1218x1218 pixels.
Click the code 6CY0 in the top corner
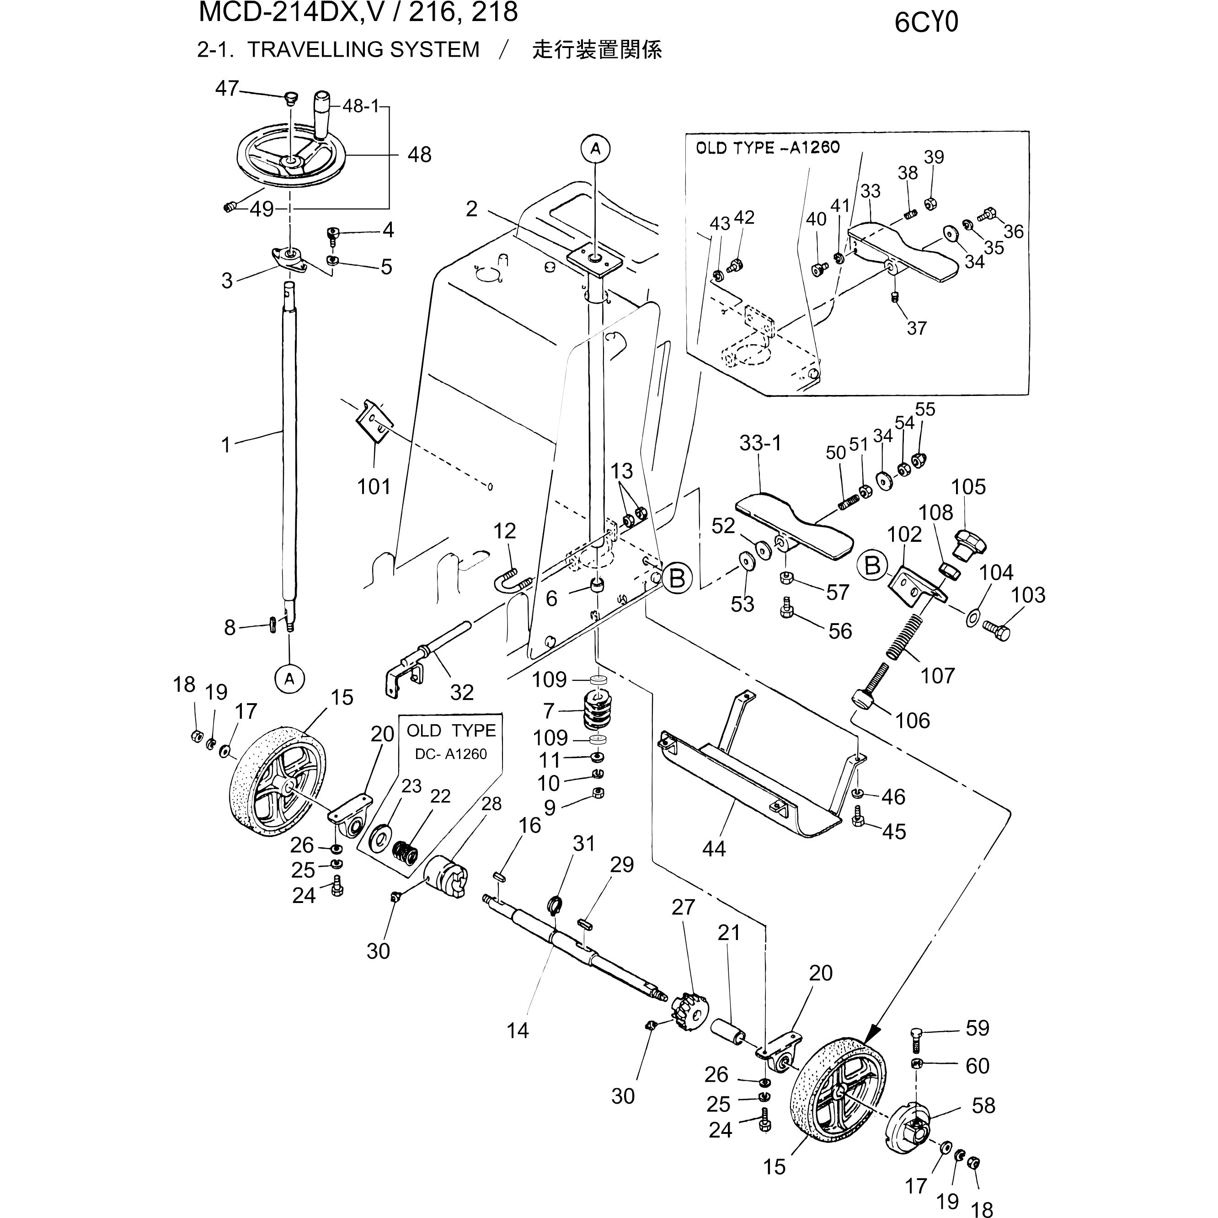(x=925, y=23)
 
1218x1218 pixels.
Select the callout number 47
(x=226, y=89)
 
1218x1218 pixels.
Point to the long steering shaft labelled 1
(x=289, y=441)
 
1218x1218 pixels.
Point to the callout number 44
(x=714, y=849)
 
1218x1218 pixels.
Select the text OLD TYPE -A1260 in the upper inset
(x=767, y=148)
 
